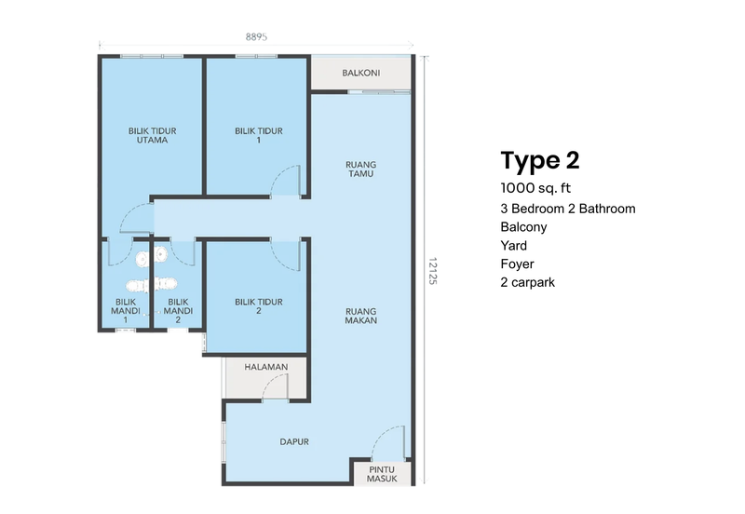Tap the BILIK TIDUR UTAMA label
coord(153,136)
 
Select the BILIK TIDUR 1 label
coord(259,136)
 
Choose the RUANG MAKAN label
coord(359,317)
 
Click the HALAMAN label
coord(265,368)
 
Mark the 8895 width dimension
coord(257,37)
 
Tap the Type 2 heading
coord(539,160)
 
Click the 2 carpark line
coord(527,282)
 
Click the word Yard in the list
coord(513,245)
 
